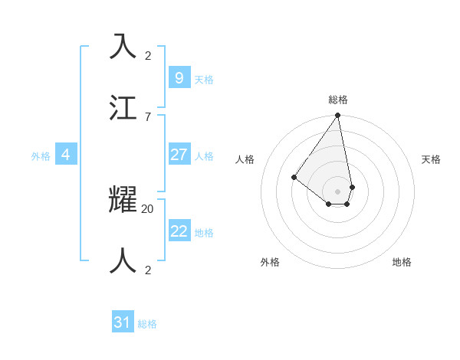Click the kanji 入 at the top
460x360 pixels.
pyautogui.click(x=123, y=47)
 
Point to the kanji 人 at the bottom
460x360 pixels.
pyautogui.click(x=123, y=260)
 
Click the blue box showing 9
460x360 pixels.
pyautogui.click(x=179, y=77)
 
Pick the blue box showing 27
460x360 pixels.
pyautogui.click(x=179, y=155)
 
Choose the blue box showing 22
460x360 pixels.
pyautogui.click(x=179, y=231)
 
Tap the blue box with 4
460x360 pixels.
pyautogui.click(x=66, y=155)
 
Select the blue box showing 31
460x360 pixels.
pyautogui.click(x=123, y=322)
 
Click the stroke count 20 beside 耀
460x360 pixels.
pyautogui.click(x=147, y=208)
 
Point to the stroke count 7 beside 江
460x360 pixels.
pyautogui.click(x=147, y=116)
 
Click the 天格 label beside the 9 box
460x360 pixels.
pyautogui.click(x=204, y=79)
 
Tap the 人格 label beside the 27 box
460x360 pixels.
pyautogui.click(x=204, y=156)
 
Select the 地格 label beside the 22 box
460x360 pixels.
pyautogui.click(x=204, y=233)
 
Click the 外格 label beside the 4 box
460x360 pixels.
pyautogui.click(x=41, y=156)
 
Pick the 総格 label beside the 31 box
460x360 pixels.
pyautogui.click(x=147, y=324)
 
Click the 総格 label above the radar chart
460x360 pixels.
pyautogui.click(x=337, y=100)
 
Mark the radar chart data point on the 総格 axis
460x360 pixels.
pyautogui.click(x=337, y=116)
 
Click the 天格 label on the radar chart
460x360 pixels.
pyautogui.click(x=431, y=159)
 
